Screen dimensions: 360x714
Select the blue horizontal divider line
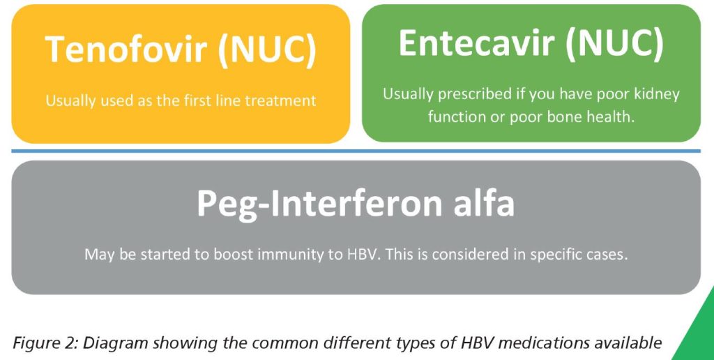[356, 151]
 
